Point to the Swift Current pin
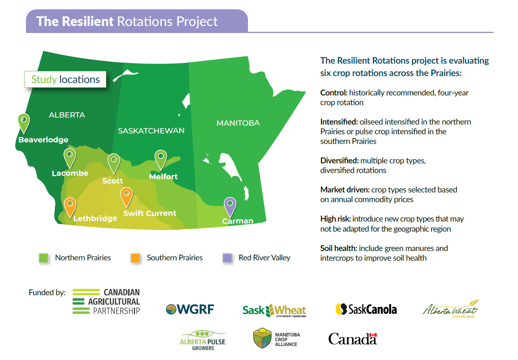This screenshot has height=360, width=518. [126, 197]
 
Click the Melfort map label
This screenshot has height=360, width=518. [163, 177]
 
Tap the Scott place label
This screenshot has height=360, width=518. [113, 181]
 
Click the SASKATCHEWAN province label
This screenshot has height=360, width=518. [151, 131]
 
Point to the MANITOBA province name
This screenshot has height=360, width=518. [238, 123]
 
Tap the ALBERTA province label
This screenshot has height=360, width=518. [67, 115]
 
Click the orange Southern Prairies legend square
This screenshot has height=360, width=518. [135, 258]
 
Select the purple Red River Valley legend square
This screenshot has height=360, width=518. [227, 258]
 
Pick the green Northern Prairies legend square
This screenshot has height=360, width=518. [43, 258]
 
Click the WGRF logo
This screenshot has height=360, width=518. [190, 309]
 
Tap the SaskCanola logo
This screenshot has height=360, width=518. [366, 309]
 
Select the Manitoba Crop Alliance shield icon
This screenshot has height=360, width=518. [262, 338]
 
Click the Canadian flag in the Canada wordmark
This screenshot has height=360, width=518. [373, 335]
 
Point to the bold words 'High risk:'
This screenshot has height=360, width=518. [335, 219]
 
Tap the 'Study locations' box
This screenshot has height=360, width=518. [65, 79]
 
